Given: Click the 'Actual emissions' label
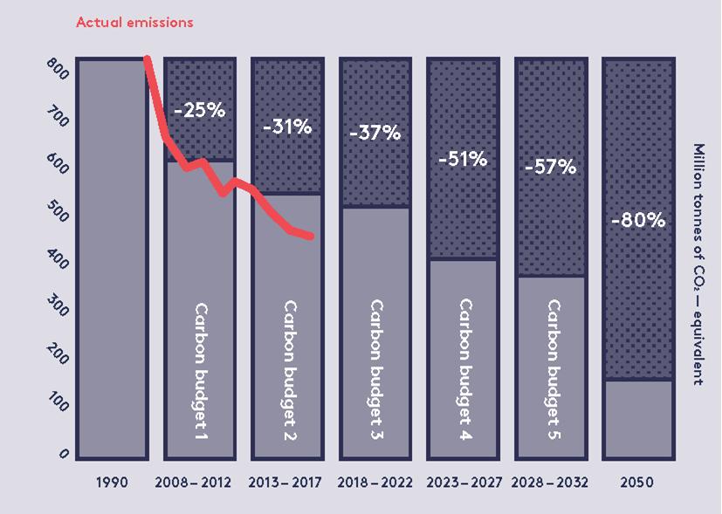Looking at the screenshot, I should point(134,22).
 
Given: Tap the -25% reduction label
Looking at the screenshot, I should point(199,111).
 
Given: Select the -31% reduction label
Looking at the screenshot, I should point(287,127).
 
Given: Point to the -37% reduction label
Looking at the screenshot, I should point(375,134).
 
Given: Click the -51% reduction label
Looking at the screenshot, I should point(463,160).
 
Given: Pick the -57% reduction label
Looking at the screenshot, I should point(550,166).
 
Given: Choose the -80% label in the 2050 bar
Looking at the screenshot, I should point(638,220).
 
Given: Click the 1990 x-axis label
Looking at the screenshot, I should point(112,482).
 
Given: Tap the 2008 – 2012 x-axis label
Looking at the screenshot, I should point(193,482).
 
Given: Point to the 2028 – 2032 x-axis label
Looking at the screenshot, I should point(550,482).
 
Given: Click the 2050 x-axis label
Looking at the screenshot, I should point(637,482).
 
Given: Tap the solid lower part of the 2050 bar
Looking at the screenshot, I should point(638,419).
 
